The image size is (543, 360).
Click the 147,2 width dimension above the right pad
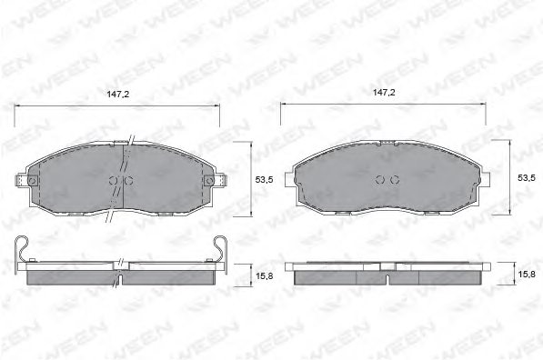(x=384, y=93)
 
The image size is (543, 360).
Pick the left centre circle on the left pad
(x=114, y=180)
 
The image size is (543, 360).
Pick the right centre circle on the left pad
(x=128, y=180)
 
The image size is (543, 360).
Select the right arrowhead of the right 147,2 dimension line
(x=487, y=106)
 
